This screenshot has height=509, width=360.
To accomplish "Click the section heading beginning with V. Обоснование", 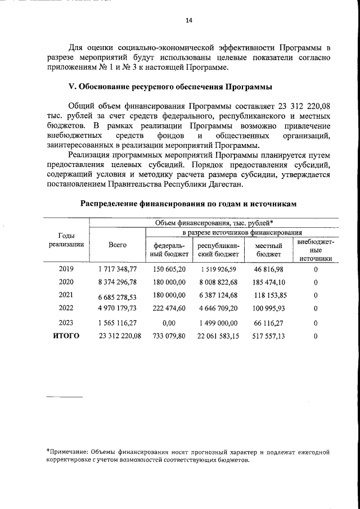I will tap(170, 87).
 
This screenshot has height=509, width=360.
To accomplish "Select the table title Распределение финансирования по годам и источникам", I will tap(187, 204).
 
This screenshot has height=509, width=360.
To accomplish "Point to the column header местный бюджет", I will tap(269, 250).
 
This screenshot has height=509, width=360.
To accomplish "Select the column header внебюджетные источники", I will tap(316, 250).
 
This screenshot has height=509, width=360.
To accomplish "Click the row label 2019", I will tap(66, 269).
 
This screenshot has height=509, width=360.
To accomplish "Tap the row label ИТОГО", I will tap(66, 336).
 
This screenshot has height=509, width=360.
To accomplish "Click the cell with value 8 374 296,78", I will tap(117, 282).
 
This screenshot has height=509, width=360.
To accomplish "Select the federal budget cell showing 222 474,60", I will tap(169, 308).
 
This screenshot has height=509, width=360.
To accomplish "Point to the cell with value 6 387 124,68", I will tap(219, 295).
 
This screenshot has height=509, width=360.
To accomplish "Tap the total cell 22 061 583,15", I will tap(219, 336).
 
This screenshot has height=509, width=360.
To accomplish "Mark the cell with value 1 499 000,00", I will tap(219, 323).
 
